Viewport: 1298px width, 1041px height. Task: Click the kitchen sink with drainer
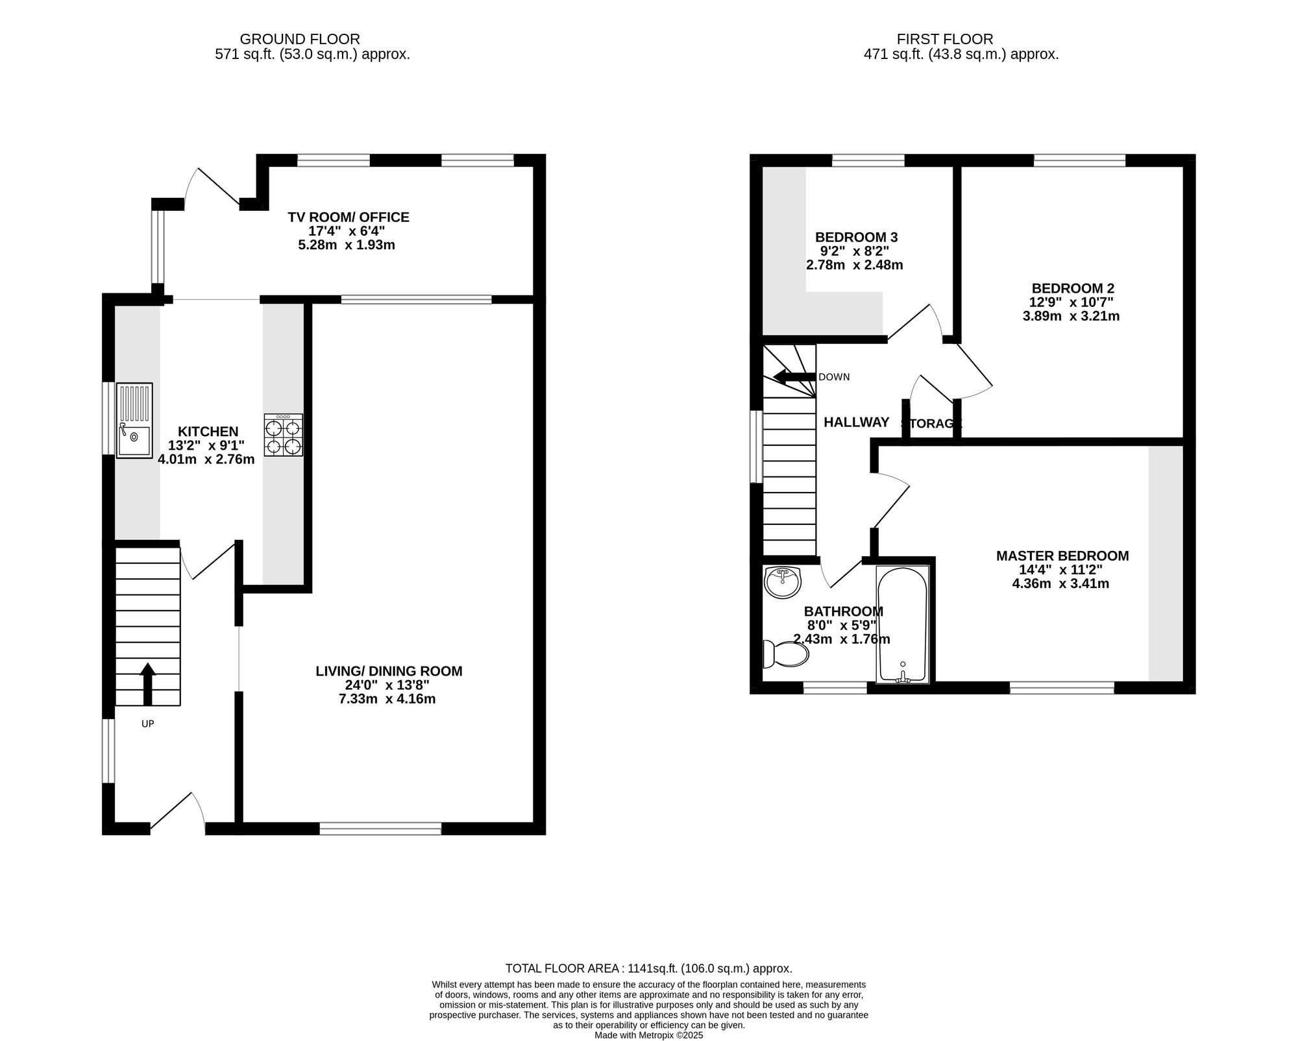[x=134, y=420]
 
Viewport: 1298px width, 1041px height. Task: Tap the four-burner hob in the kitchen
[x=284, y=434]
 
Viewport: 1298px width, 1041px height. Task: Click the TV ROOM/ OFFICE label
[x=349, y=217]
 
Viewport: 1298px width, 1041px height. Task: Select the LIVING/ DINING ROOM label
[x=389, y=671]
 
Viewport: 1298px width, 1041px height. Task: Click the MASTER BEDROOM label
[x=1062, y=556]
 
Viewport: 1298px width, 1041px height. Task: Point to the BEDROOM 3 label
[x=856, y=237]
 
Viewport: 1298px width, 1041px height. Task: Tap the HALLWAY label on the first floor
[x=856, y=423]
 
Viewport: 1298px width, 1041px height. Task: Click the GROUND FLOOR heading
[x=300, y=40]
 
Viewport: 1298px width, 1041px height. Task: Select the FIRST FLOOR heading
[x=945, y=40]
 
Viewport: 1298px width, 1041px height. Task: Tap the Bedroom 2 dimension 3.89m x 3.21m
[x=1071, y=317]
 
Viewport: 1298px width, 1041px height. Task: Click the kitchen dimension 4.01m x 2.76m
[x=206, y=459]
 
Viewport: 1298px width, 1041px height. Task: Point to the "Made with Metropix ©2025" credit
[x=649, y=1035]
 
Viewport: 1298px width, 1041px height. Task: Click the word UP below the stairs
[x=148, y=724]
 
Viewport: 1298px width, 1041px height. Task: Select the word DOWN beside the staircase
[x=834, y=377]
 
